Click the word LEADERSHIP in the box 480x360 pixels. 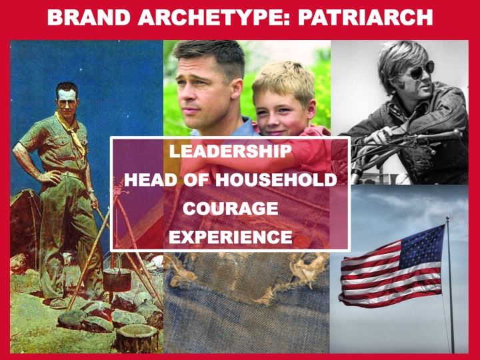tap(230, 151)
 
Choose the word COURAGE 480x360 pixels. tap(230, 208)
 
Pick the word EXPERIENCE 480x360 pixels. tap(230, 237)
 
